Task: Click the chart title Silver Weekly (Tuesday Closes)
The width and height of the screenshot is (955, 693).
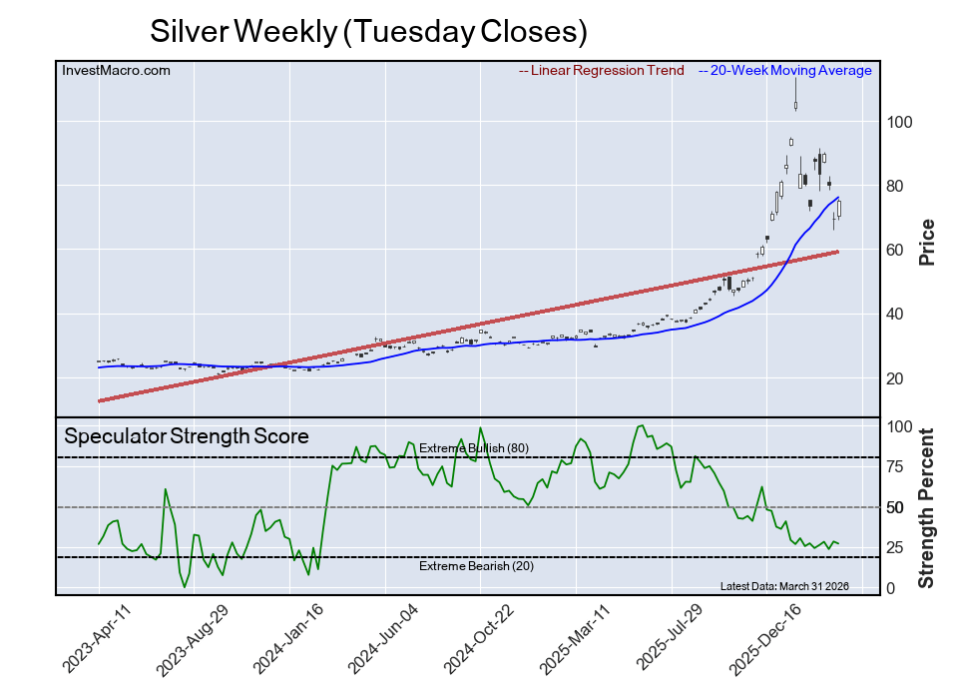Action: pyautogui.click(x=368, y=31)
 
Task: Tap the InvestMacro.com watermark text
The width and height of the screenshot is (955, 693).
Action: pyautogui.click(x=116, y=71)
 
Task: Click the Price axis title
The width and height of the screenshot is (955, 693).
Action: pyautogui.click(x=926, y=242)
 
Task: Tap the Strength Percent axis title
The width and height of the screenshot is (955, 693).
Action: pyautogui.click(x=926, y=507)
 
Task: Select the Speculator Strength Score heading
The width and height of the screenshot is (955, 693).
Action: pyautogui.click(x=187, y=436)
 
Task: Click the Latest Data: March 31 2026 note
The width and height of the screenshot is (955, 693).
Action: pyautogui.click(x=783, y=586)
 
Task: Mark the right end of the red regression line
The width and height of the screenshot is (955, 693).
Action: pyautogui.click(x=836, y=252)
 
